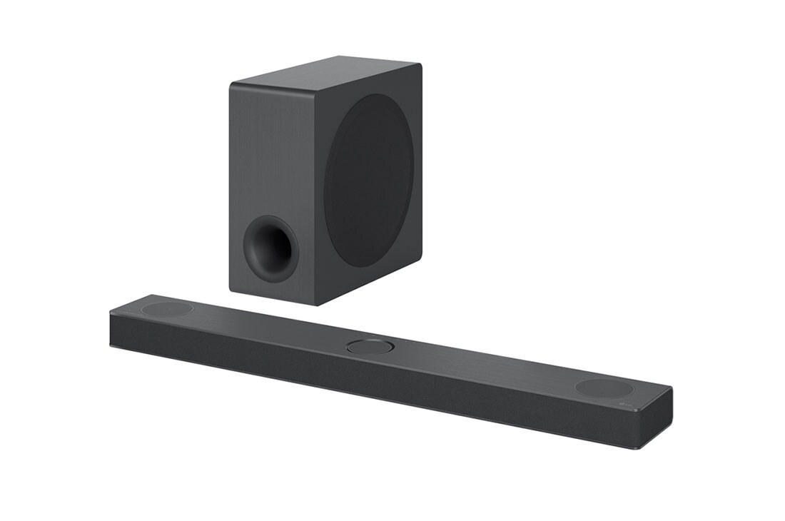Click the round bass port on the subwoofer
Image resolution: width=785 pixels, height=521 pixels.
pyautogui.click(x=270, y=248)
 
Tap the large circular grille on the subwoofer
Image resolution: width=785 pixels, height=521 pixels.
pyautogui.click(x=368, y=181)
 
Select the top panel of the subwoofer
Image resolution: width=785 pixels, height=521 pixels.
pyautogui.click(x=325, y=74)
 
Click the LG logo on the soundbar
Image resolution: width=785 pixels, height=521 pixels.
pyautogui.click(x=630, y=406)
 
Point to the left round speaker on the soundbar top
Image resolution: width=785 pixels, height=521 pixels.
pyautogui.click(x=167, y=309)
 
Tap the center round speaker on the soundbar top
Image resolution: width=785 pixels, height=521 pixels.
pyautogui.click(x=370, y=347)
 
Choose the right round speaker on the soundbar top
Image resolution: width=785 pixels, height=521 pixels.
pyautogui.click(x=604, y=388)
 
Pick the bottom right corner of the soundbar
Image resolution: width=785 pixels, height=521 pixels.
pyautogui.click(x=646, y=448)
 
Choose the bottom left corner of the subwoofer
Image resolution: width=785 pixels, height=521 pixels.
pyautogui.click(x=231, y=288)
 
